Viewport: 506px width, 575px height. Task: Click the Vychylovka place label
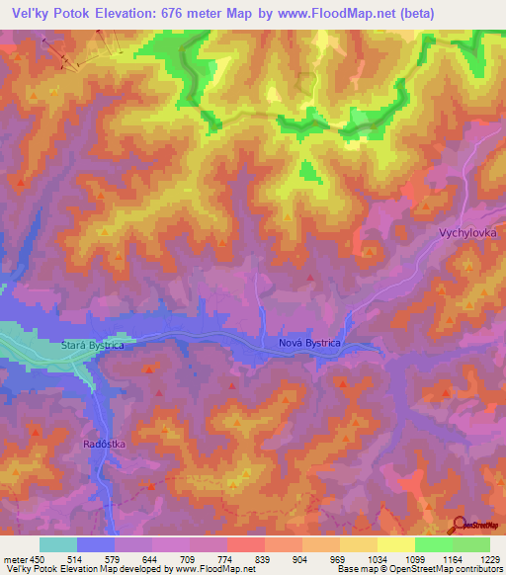466,232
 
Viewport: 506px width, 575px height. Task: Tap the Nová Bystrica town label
307,343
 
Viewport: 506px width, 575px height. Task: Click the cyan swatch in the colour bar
58,544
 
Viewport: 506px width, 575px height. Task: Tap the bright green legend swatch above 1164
434,544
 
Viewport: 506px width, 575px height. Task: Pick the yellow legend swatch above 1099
396,544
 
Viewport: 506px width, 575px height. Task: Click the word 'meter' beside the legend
14,558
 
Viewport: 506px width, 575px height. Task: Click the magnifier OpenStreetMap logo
458,525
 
